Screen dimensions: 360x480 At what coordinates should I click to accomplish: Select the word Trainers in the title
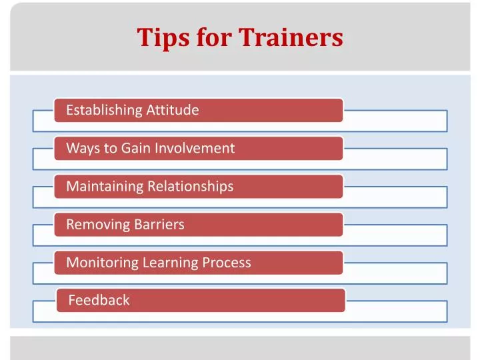click(x=291, y=37)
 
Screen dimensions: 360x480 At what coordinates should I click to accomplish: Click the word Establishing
click(x=104, y=110)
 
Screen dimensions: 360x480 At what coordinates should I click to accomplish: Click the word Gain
click(x=136, y=148)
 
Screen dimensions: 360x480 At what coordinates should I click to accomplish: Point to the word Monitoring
click(x=102, y=262)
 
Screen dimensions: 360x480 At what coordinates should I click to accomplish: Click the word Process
click(x=227, y=262)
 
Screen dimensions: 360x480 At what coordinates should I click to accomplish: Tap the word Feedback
click(x=99, y=300)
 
